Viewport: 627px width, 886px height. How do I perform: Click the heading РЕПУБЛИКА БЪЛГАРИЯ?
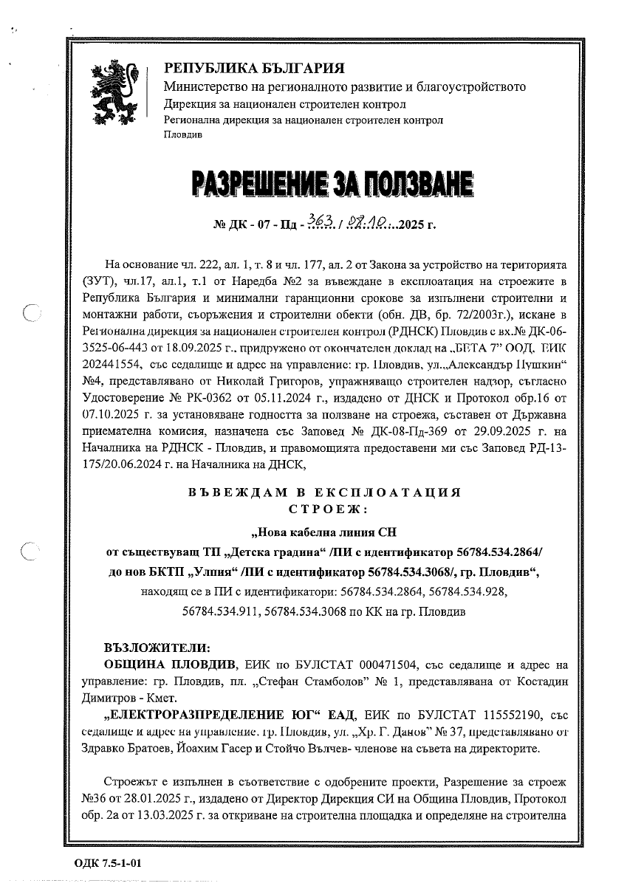point(254,69)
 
